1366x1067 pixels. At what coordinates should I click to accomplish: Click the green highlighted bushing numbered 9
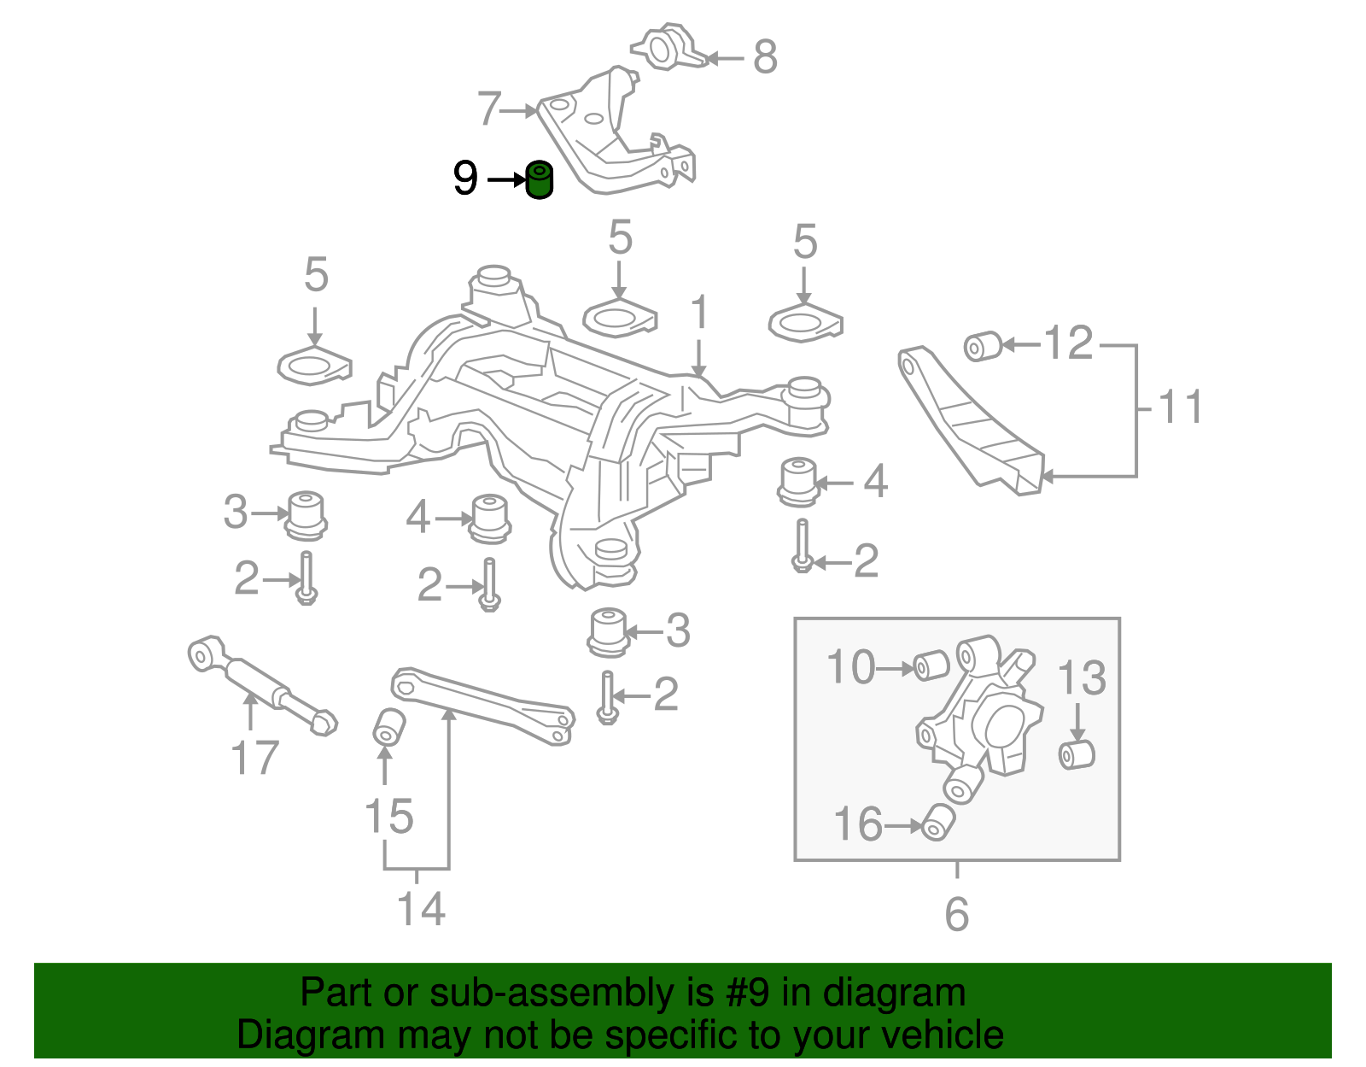tap(539, 180)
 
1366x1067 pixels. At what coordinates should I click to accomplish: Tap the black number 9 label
tap(465, 179)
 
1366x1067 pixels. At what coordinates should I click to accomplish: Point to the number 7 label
tap(488, 109)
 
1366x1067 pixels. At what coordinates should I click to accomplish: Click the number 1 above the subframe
tap(699, 313)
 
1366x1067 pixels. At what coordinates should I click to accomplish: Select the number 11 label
tap(1181, 407)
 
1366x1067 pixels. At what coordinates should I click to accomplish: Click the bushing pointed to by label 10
tap(931, 665)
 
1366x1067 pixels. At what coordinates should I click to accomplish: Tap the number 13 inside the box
tap(1081, 679)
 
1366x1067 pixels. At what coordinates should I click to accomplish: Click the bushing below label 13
tap(1077, 754)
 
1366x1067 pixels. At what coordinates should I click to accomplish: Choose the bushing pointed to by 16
tap(937, 822)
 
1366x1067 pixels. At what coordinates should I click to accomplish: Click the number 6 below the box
tap(956, 915)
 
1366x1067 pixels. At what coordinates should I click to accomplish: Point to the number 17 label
tap(254, 758)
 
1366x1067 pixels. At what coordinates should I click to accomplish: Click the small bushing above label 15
tap(388, 727)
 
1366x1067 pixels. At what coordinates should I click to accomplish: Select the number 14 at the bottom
tap(421, 909)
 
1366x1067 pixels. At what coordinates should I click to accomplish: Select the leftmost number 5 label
tap(316, 275)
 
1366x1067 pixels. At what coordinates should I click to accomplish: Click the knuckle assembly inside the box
tap(990, 718)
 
